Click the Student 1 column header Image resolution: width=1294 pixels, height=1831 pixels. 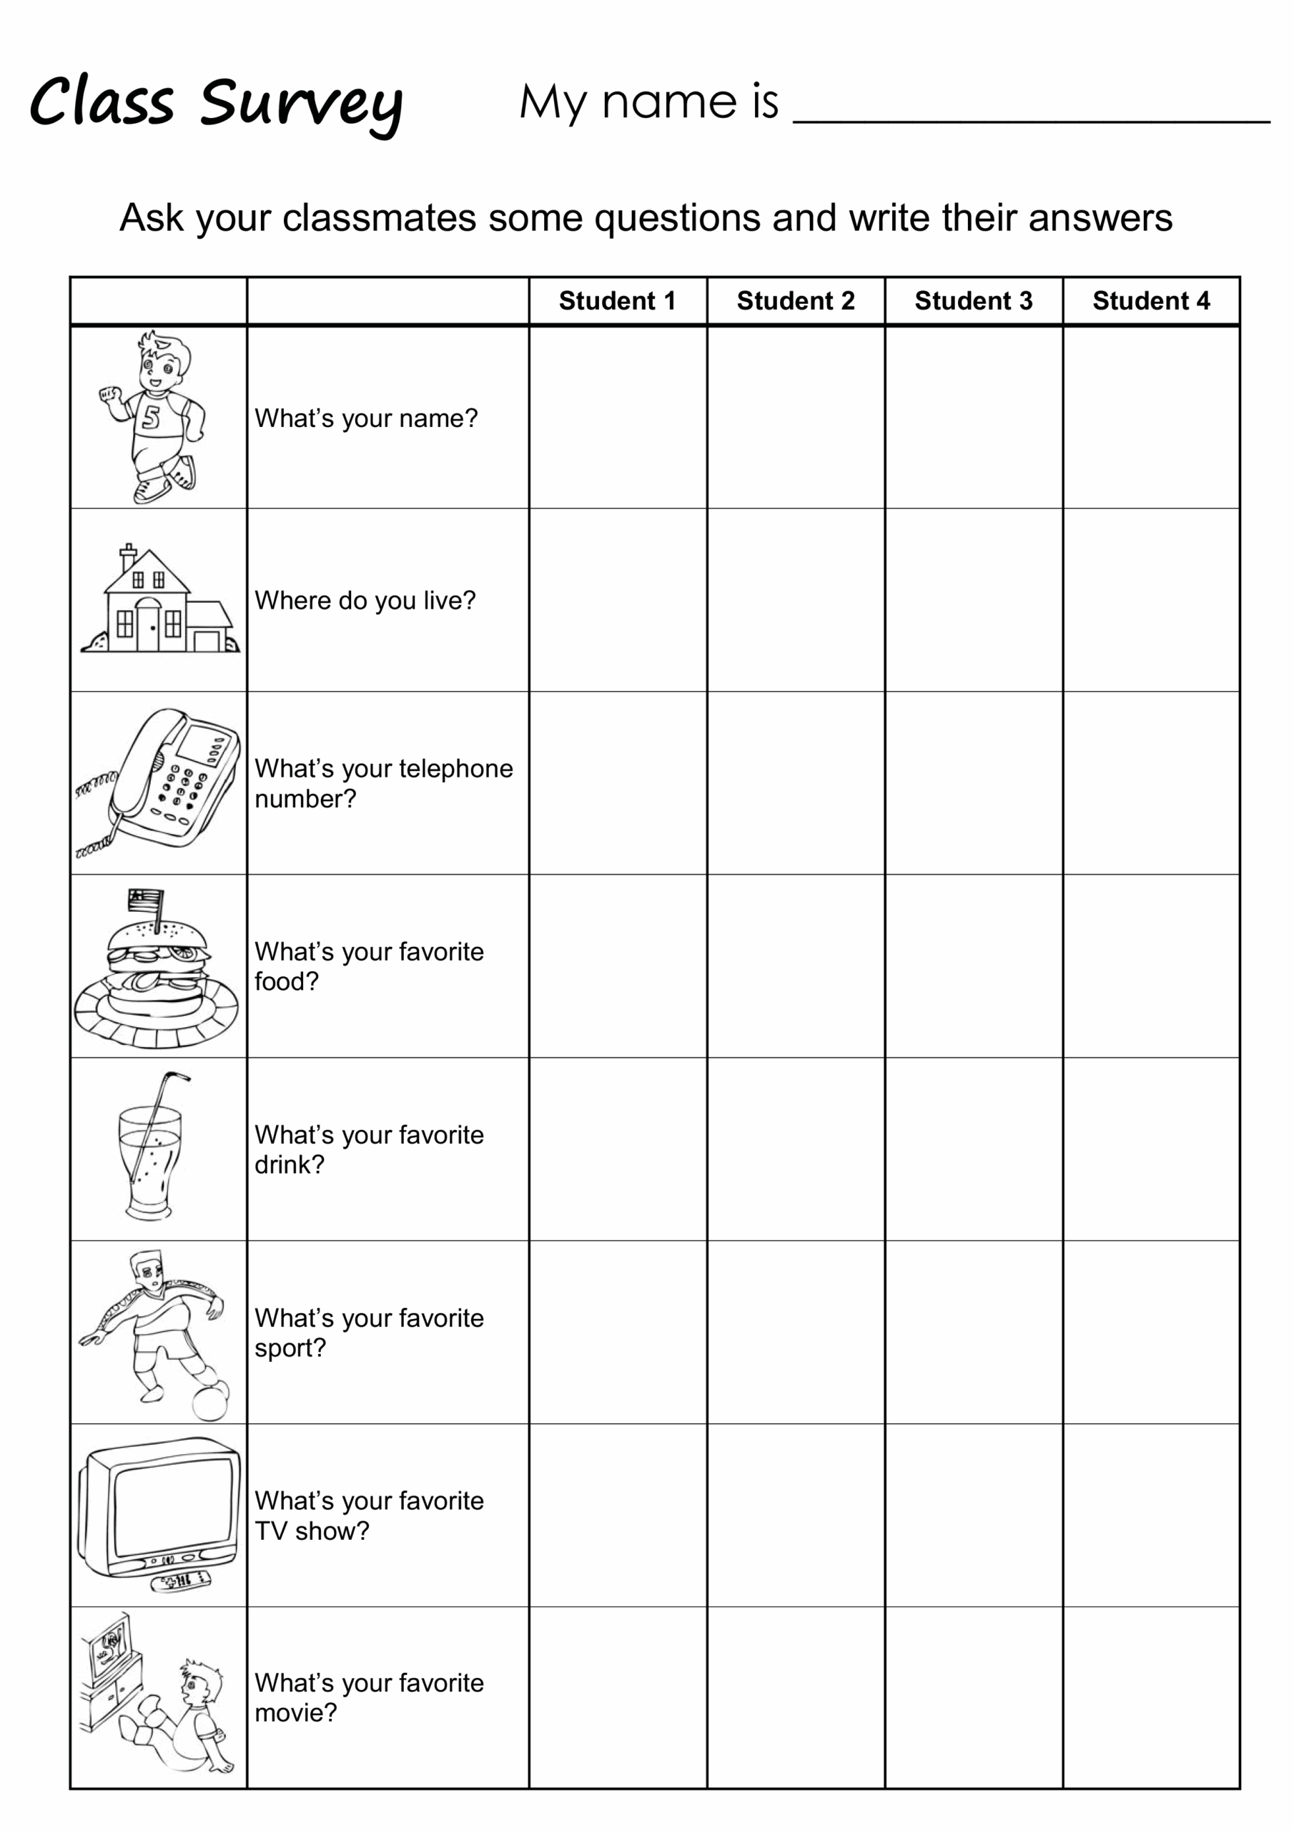617,300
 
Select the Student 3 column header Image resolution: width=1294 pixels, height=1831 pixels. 973,300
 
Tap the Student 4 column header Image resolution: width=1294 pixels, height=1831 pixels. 1150,300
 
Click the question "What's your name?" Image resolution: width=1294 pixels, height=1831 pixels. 366,418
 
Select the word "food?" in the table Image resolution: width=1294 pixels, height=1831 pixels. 286,982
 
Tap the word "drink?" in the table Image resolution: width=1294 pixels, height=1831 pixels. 290,1164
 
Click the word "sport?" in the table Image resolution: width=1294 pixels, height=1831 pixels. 290,1348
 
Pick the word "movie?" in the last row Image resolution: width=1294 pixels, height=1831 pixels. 296,1713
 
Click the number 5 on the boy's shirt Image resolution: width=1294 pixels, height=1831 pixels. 152,416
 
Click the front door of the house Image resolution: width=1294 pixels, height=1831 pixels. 148,627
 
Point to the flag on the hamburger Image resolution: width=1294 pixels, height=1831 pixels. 147,900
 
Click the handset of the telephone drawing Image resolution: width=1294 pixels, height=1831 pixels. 139,762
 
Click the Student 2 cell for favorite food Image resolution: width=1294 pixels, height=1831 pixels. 796,966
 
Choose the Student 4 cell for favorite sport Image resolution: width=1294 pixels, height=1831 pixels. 1150,1332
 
